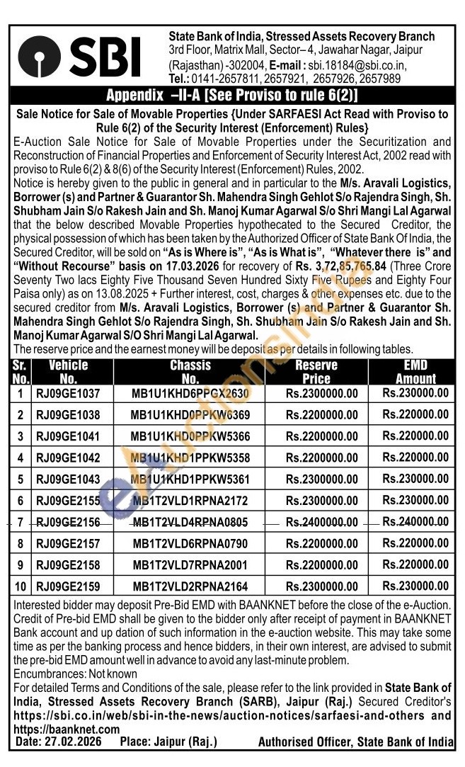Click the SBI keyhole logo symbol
[x=44, y=57]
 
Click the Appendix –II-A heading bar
[x=232, y=96]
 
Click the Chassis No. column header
[x=190, y=372]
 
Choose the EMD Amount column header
[x=415, y=372]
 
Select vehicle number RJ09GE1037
[x=69, y=394]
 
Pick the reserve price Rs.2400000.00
[x=322, y=523]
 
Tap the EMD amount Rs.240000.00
[x=415, y=522]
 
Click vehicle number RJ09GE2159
[x=69, y=586]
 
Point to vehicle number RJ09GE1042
[x=69, y=458]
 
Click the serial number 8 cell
[x=21, y=544]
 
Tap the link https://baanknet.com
[x=56, y=729]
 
